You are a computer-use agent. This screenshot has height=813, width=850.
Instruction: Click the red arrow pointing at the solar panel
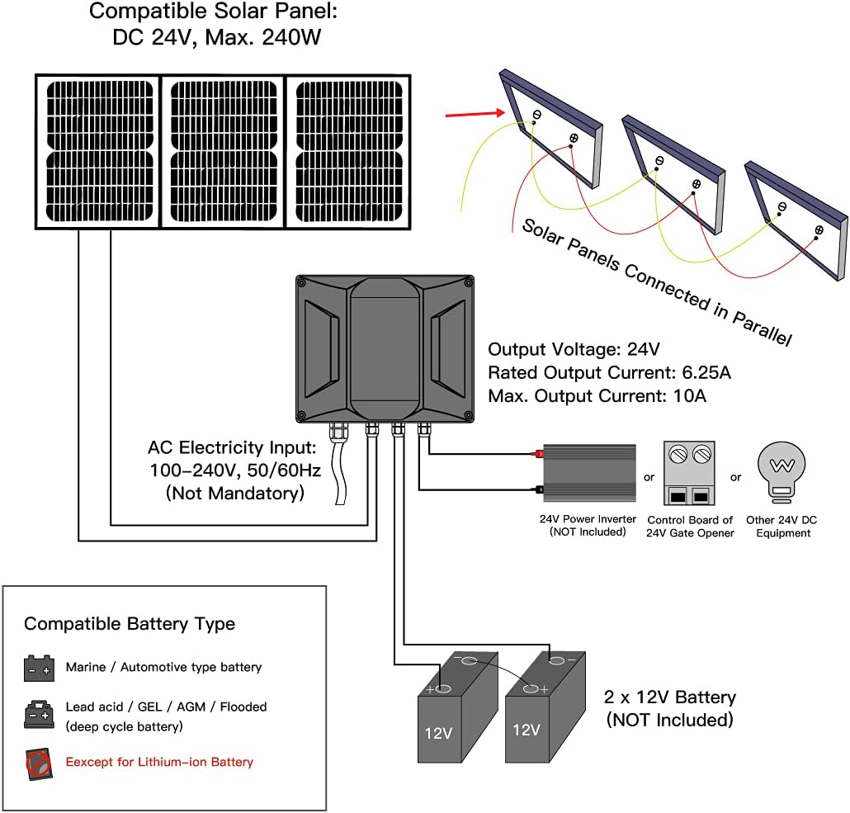tap(475, 114)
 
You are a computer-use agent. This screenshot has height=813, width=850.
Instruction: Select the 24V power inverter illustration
tap(588, 472)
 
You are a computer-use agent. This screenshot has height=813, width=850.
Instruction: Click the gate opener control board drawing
tap(689, 473)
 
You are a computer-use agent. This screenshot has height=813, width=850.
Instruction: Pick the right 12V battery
tap(545, 707)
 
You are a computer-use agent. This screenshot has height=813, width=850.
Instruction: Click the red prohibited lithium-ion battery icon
tap(39, 764)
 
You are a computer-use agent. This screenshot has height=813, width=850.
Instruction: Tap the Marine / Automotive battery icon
tap(39, 668)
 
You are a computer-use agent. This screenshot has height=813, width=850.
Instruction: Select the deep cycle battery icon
tap(39, 714)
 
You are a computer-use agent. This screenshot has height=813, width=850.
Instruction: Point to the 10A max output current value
tap(690, 396)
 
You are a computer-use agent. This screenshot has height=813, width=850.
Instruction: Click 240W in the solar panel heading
tap(291, 37)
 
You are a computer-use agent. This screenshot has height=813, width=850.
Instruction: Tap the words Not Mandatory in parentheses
tap(234, 493)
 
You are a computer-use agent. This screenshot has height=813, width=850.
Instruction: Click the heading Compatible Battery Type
tap(130, 624)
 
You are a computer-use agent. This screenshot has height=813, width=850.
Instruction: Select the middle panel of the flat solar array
tap(224, 151)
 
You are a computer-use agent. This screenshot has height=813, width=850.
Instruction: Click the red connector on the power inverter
tap(538, 453)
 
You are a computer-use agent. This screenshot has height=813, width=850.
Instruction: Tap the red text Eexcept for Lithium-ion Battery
tap(159, 762)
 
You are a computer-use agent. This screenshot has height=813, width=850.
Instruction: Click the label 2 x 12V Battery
tap(670, 697)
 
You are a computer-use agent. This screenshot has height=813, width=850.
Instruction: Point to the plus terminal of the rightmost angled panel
tap(819, 230)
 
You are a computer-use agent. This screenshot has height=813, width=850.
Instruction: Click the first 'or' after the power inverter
tap(649, 477)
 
